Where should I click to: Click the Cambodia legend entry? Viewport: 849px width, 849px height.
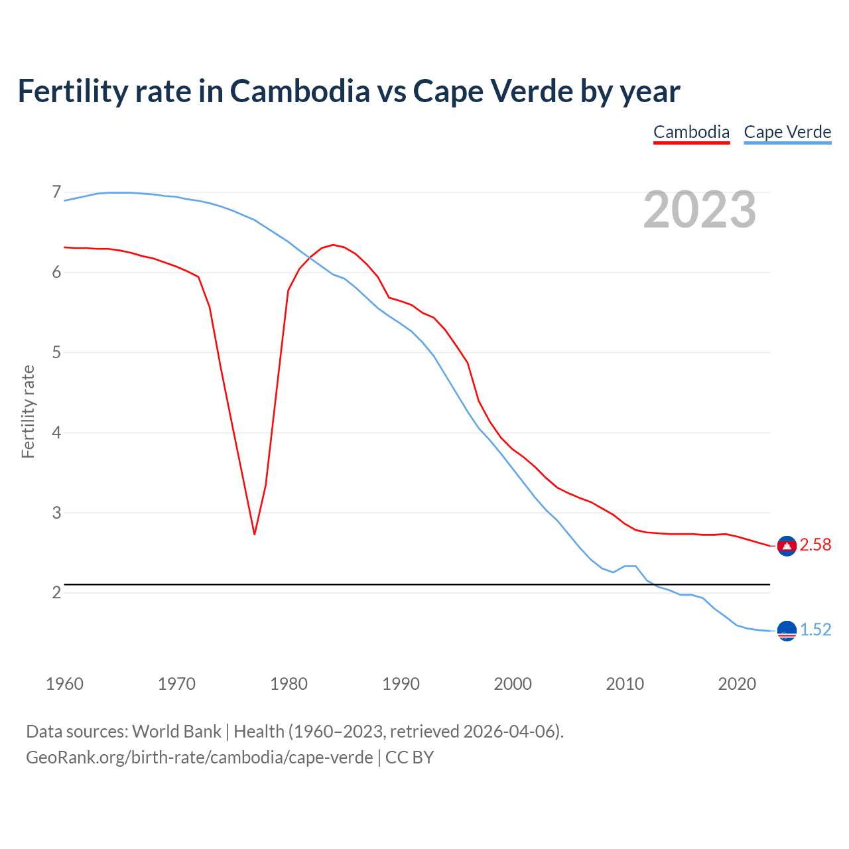691,132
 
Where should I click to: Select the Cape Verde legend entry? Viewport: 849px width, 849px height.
787,132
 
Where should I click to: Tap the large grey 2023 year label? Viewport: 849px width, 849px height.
700,210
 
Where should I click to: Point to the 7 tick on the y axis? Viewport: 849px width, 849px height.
56,192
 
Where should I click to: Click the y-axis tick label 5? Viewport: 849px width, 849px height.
56,352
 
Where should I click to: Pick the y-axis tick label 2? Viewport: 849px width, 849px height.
56,592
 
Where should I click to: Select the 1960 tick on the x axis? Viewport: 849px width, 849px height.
64,684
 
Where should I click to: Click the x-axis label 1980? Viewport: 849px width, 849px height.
289,684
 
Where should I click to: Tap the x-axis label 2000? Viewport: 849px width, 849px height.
513,684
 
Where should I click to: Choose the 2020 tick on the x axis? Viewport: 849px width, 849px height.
737,684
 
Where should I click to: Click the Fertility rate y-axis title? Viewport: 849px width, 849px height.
28,411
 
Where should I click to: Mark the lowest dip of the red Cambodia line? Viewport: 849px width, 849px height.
254,534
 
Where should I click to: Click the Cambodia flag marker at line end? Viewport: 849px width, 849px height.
787,545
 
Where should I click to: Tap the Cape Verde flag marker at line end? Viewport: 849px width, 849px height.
787,631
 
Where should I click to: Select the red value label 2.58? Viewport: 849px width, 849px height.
815,545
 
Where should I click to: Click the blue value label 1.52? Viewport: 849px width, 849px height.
815,630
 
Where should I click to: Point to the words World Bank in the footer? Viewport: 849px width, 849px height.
176,732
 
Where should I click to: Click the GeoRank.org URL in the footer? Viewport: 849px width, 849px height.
199,757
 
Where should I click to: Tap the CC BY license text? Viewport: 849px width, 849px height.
409,757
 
